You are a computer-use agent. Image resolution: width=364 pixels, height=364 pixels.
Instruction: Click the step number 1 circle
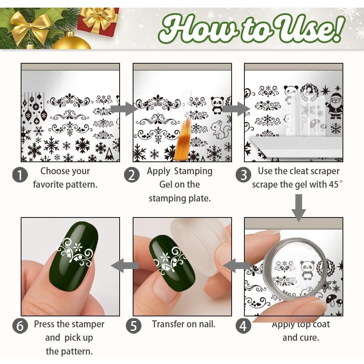(x=20, y=175)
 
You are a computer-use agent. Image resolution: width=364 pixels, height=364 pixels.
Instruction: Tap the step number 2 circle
(x=132, y=175)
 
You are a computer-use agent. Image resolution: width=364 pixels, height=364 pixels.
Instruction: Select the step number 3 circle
(x=243, y=175)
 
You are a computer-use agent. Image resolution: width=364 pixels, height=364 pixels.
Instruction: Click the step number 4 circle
(x=243, y=326)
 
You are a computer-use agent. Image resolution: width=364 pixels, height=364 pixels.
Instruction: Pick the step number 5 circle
(x=133, y=326)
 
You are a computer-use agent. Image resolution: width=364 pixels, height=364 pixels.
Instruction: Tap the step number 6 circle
(x=20, y=326)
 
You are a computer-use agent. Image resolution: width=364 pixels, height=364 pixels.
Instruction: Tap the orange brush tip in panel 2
(x=182, y=142)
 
